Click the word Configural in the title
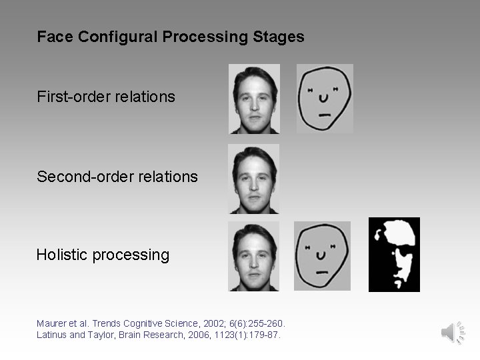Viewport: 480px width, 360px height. [117, 37]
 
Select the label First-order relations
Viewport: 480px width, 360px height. [106, 97]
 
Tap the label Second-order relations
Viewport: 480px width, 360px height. [117, 177]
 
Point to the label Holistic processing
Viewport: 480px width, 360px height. [103, 255]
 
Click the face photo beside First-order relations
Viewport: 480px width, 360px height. [254, 99]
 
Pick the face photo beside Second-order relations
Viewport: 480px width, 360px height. [254, 179]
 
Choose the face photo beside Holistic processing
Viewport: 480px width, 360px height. [254, 256]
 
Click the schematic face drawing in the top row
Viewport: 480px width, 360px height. [325, 98]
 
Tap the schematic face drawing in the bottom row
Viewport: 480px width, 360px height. [322, 256]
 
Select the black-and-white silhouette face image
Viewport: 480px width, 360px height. [394, 255]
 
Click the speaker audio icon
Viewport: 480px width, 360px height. [452, 331]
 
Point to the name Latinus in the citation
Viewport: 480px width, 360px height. [52, 335]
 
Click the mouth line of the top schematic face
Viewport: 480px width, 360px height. [325, 115]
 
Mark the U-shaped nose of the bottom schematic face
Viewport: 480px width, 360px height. [321, 254]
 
